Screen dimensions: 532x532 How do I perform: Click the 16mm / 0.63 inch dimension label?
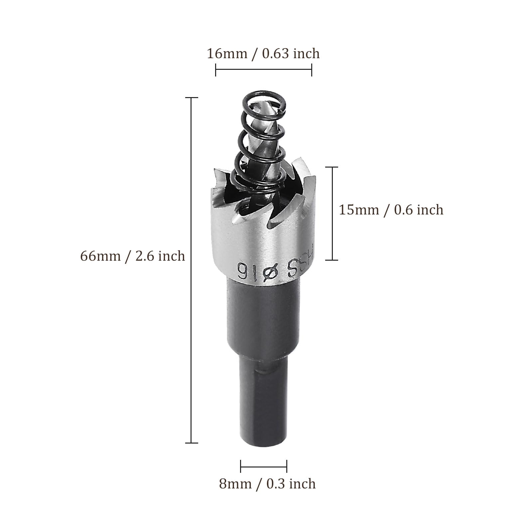coord(263,54)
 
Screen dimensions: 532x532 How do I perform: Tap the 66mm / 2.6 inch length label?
coord(132,256)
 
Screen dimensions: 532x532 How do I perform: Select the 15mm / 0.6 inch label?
coord(391,210)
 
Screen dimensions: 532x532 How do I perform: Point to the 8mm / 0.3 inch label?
coord(267,484)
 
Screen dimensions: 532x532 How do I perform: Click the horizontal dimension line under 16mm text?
coord(264,70)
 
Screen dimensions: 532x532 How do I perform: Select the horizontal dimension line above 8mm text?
coord(264,466)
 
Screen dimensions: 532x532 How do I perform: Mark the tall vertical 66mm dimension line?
coord(192,270)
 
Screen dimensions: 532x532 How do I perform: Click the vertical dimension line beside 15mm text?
coord(332,213)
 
